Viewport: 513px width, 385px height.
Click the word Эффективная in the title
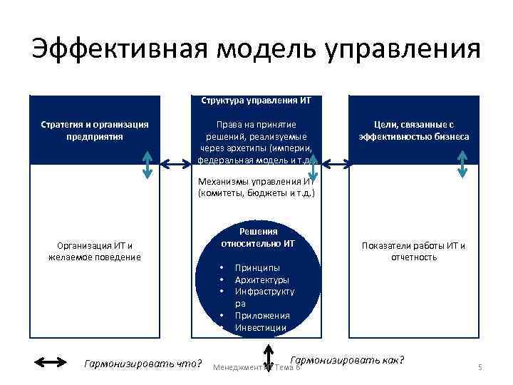pos(118,50)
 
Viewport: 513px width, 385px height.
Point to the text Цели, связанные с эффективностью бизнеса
pos(414,130)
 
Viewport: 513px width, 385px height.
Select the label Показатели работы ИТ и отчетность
pos(414,252)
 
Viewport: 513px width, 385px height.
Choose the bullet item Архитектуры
pos(261,279)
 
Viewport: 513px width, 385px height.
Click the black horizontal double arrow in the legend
pos(50,364)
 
